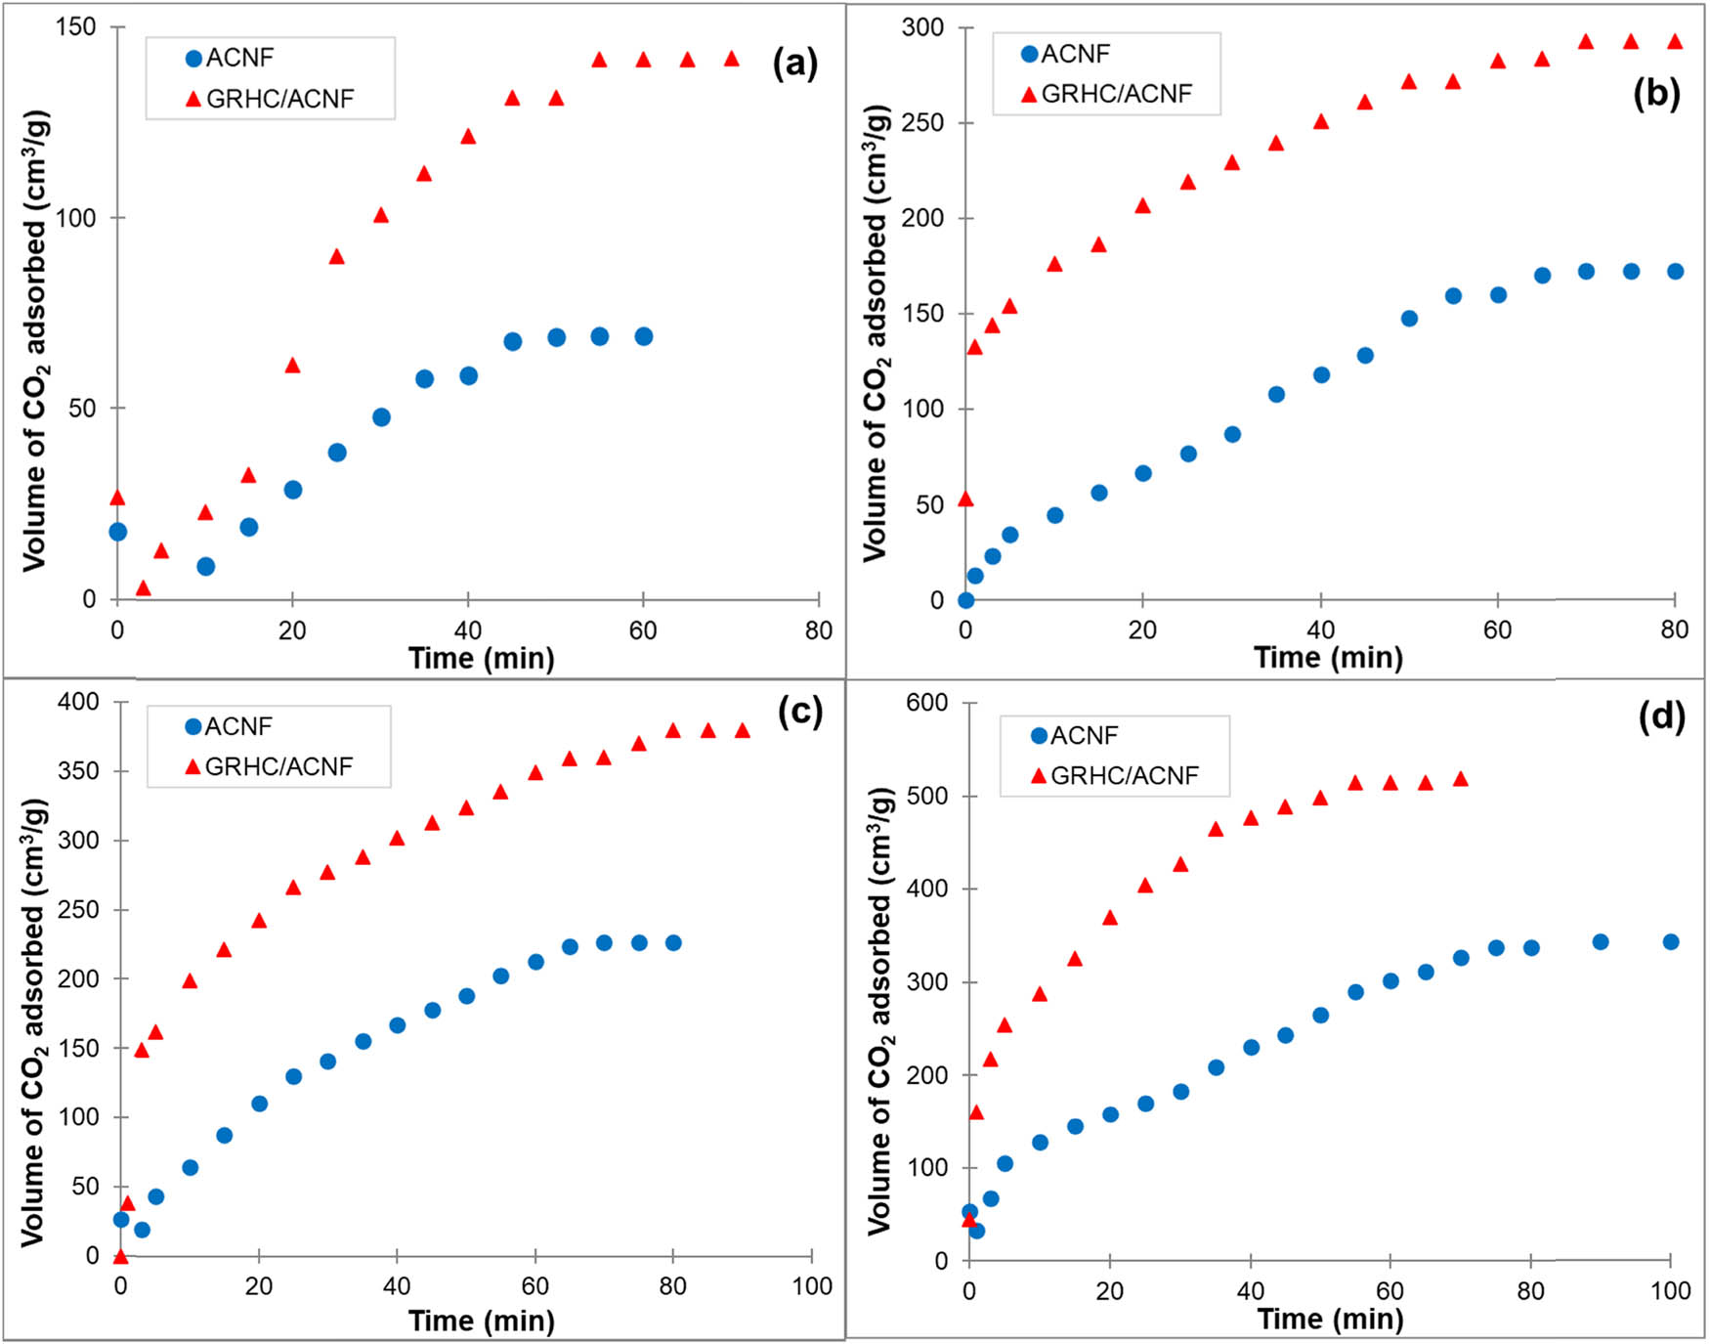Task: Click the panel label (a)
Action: pyautogui.click(x=794, y=64)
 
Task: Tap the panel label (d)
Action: pyautogui.click(x=1661, y=716)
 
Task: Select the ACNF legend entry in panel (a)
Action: pyautogui.click(x=231, y=59)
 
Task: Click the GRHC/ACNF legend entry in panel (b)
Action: pyautogui.click(x=1107, y=94)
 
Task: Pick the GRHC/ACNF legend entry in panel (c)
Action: pyautogui.click(x=269, y=766)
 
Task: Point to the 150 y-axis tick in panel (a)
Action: pyautogui.click(x=75, y=26)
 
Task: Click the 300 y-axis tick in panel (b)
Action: pyautogui.click(x=922, y=27)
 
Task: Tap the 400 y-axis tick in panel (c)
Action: pyautogui.click(x=78, y=702)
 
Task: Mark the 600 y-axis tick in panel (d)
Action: pyautogui.click(x=927, y=703)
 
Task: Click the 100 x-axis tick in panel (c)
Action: pyautogui.click(x=812, y=1286)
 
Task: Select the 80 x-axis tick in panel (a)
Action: pyautogui.click(x=819, y=630)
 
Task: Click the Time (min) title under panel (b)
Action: pyautogui.click(x=1328, y=658)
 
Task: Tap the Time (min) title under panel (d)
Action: pyautogui.click(x=1330, y=1320)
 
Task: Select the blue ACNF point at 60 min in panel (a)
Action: pyautogui.click(x=643, y=336)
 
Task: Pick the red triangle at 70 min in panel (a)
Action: pyautogui.click(x=732, y=60)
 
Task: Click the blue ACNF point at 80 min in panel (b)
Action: pyautogui.click(x=1675, y=272)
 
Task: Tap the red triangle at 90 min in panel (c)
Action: pyautogui.click(x=743, y=731)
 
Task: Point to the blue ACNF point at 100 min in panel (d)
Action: pyautogui.click(x=1671, y=942)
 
